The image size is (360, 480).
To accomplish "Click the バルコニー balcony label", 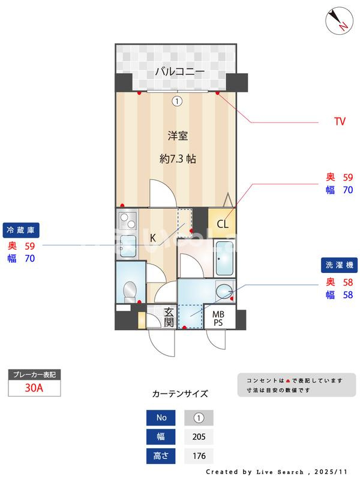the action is [179, 71].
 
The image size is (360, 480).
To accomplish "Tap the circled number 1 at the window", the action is [177, 101].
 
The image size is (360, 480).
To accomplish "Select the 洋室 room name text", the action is [178, 136].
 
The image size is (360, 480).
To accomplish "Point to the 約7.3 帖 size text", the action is [178, 158].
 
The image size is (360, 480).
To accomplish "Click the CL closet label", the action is [223, 224].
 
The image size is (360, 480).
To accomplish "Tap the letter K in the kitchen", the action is [153, 238].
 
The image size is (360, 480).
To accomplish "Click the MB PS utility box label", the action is [218, 319].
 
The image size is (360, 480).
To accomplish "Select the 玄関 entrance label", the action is [169, 317].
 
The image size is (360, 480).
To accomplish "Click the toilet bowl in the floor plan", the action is [130, 292].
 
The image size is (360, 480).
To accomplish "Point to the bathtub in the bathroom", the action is [224, 259].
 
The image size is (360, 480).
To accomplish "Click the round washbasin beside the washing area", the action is [224, 291].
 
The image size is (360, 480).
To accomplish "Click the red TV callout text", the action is [340, 121].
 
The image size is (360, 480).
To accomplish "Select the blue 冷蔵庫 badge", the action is [21, 230].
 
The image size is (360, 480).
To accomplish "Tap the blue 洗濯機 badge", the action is [339, 265].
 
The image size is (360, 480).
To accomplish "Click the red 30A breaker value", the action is [34, 388].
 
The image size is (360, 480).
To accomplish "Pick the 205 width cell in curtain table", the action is [199, 437].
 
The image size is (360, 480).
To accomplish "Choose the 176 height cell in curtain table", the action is [199, 456].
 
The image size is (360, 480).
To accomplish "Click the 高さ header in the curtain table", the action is [161, 456].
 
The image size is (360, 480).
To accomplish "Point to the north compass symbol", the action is [339, 20].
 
